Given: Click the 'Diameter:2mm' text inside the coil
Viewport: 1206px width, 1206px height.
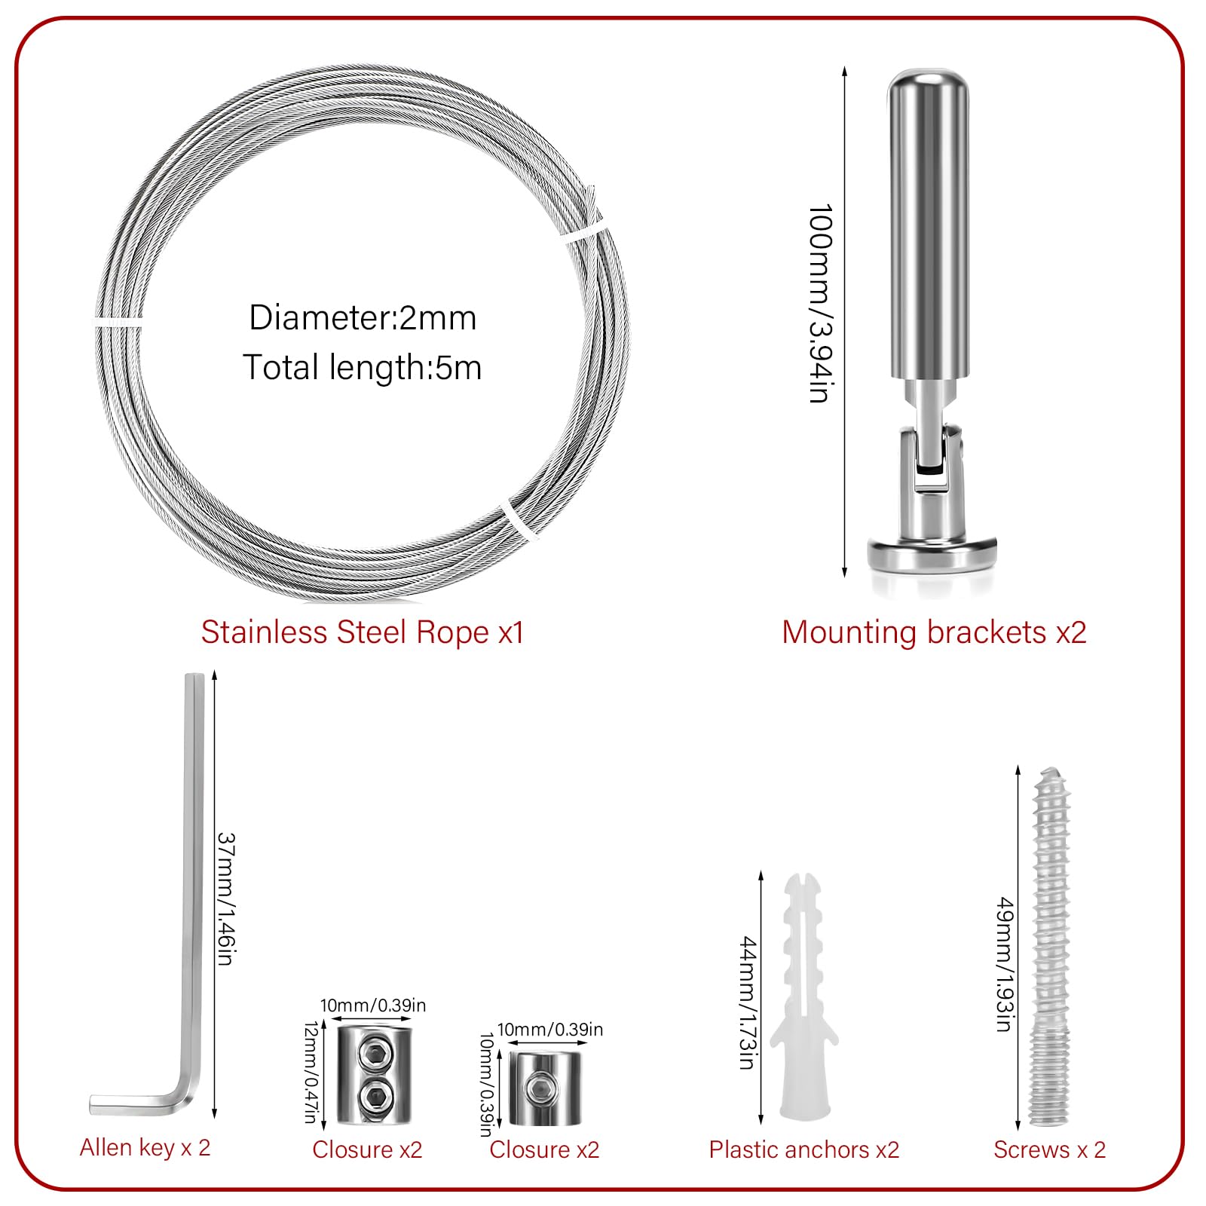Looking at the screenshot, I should click(x=363, y=318).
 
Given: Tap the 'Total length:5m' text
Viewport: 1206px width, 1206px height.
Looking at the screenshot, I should click(x=362, y=368).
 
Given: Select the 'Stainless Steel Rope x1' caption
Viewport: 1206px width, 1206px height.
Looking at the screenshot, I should click(x=362, y=632).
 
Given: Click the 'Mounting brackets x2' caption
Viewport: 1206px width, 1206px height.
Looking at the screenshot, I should click(x=934, y=632).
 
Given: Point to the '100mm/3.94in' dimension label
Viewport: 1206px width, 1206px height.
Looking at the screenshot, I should click(x=820, y=303).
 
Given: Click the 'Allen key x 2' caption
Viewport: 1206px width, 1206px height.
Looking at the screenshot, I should click(x=145, y=1147).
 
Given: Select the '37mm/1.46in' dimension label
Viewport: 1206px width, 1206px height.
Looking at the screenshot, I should click(x=227, y=898).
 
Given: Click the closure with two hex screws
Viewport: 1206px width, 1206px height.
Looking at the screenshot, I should click(x=374, y=1075).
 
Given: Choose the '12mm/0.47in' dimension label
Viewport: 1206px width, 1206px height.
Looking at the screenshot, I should click(x=311, y=1072).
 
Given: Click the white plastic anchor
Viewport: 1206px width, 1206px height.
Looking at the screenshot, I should click(x=806, y=1002).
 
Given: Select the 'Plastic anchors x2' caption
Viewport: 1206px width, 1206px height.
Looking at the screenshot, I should click(x=803, y=1149).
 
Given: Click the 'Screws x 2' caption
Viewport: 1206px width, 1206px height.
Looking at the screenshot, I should click(x=1049, y=1149).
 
